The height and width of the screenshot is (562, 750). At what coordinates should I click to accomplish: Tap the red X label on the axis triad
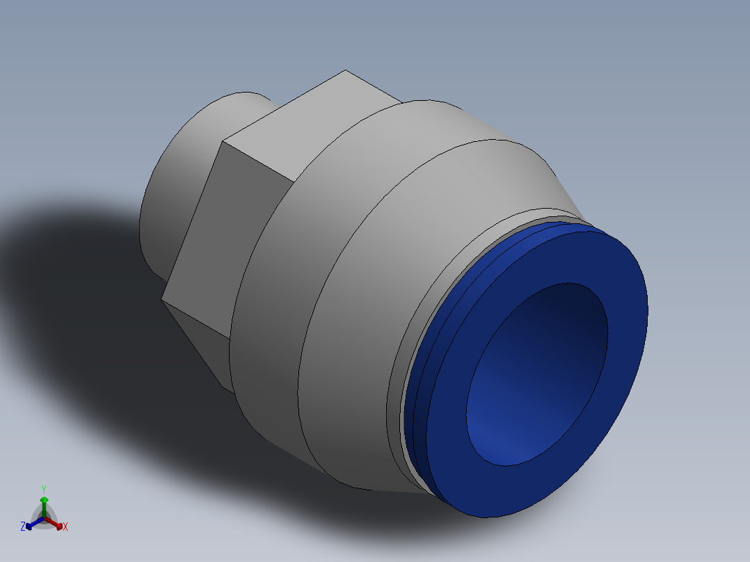click(65, 527)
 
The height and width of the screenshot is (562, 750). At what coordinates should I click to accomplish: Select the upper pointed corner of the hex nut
click(346, 71)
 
